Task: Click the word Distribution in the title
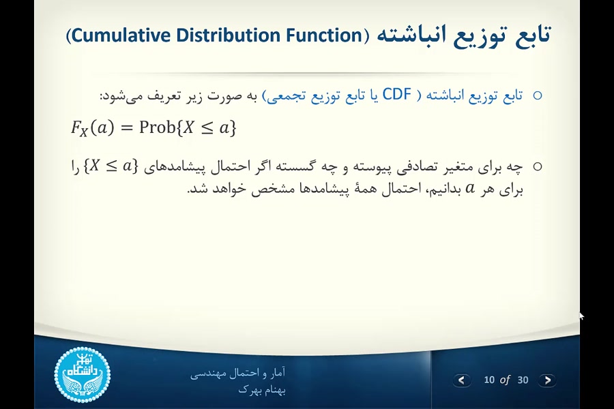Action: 230,35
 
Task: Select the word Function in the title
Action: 321,35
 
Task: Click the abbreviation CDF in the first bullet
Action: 396,95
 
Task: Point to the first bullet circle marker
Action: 537,95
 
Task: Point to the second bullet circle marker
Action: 537,166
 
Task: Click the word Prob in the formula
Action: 157,127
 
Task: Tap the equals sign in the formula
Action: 126,128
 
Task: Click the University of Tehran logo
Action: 82,374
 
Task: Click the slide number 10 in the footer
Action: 489,380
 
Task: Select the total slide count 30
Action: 523,380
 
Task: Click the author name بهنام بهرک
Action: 262,390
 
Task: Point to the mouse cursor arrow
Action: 581,316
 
